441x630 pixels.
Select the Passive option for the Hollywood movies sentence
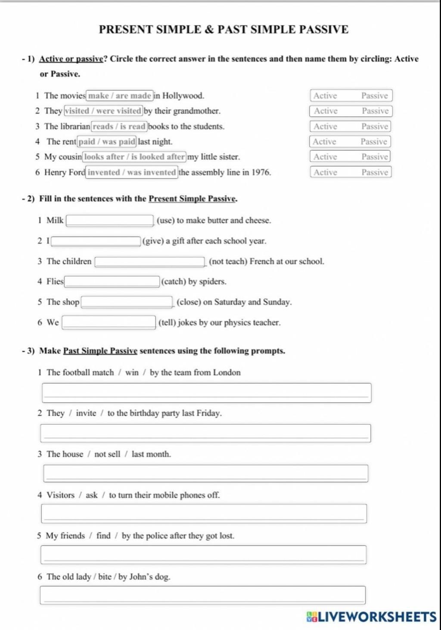point(374,96)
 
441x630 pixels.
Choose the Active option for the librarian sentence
point(325,126)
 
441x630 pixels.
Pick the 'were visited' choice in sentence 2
point(119,111)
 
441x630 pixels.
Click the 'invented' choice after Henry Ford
point(104,172)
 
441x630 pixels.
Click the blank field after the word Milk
point(110,221)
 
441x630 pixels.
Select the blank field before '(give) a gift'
point(96,241)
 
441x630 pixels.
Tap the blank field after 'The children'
point(149,262)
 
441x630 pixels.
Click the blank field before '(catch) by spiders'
point(112,282)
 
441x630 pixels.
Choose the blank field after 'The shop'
point(127,302)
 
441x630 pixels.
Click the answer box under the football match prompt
point(206,393)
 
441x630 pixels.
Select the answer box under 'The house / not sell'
point(205,474)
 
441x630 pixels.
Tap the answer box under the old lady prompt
point(202,595)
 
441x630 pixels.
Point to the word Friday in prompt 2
point(208,413)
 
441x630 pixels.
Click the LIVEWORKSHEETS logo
point(371,617)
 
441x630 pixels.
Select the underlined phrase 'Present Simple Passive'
point(192,199)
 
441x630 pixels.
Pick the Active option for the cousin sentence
point(325,157)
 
